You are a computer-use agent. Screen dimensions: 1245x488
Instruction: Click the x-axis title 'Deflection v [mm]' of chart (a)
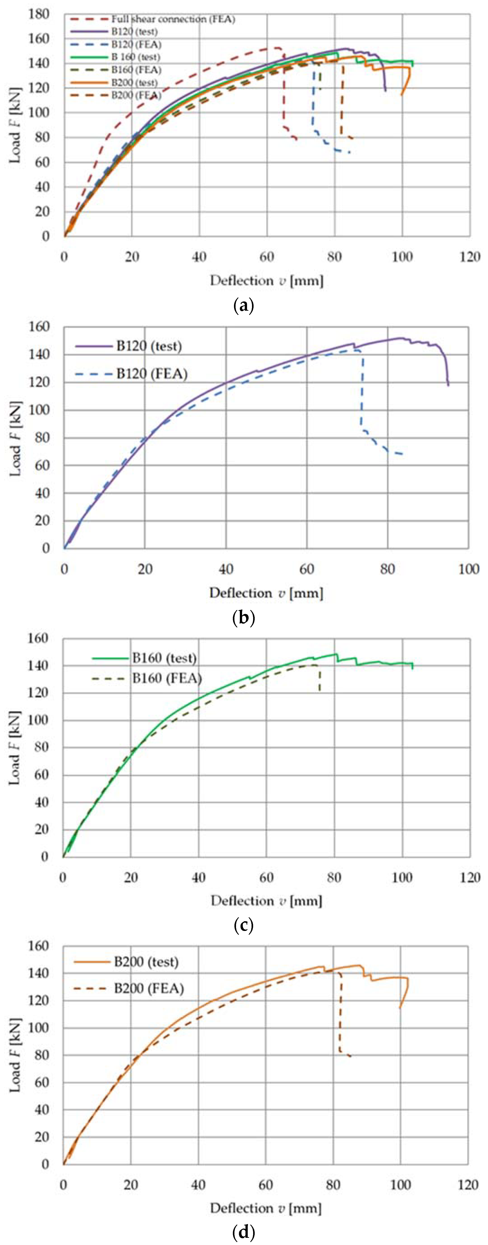tap(266, 281)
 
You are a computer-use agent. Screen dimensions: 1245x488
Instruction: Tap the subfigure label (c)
tap(243, 926)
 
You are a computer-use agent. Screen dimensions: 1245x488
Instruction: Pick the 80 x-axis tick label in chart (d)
tap(333, 1185)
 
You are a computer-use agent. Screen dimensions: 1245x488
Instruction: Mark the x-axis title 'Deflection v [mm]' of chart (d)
tap(266, 1208)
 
